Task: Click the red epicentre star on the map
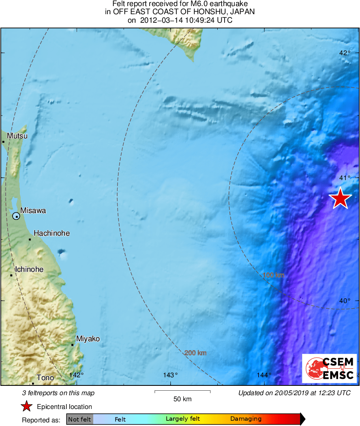(340, 198)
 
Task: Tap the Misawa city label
(33, 211)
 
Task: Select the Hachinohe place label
(51, 233)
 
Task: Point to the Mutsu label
(17, 136)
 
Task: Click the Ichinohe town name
(29, 269)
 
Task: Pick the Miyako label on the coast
(88, 339)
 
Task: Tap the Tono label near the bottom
(45, 378)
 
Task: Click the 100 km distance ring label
(274, 275)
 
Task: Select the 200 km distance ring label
(195, 353)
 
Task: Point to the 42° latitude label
(345, 53)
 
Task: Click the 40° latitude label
(345, 301)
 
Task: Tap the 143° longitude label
(171, 374)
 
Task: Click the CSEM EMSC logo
(329, 368)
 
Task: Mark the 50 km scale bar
(182, 392)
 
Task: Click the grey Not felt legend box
(80, 419)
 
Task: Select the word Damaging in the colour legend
(246, 419)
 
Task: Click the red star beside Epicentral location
(27, 407)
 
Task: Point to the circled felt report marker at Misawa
(16, 216)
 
